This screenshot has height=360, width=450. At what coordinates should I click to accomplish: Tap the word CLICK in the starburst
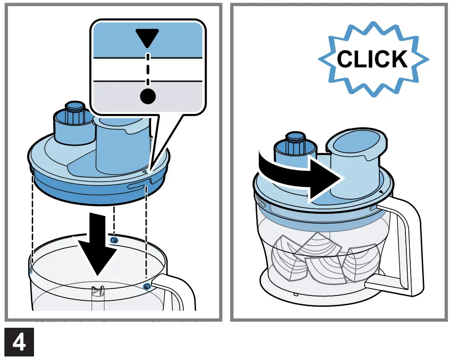pyautogui.click(x=372, y=59)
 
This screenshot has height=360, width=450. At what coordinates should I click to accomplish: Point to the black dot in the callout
pyautogui.click(x=148, y=95)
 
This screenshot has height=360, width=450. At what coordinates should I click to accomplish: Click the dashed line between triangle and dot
pyautogui.click(x=148, y=68)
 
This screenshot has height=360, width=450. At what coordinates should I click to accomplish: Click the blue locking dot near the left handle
pyautogui.click(x=146, y=287)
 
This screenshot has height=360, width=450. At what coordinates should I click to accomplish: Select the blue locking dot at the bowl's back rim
pyautogui.click(x=114, y=240)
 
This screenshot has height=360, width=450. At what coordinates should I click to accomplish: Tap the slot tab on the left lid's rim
pyautogui.click(x=137, y=187)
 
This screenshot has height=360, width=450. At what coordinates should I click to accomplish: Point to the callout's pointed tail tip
pyautogui.click(x=150, y=171)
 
